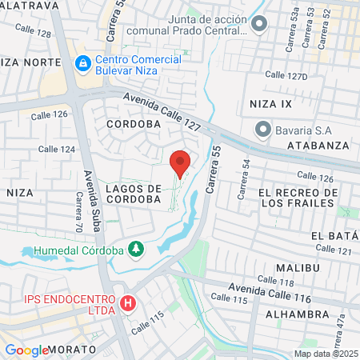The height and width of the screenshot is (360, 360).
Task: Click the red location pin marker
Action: [x=180, y=164]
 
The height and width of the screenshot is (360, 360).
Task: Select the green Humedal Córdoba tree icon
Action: [x=137, y=250]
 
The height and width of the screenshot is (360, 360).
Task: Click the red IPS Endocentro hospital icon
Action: [x=127, y=304]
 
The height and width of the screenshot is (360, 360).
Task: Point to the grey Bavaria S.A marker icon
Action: [x=262, y=129]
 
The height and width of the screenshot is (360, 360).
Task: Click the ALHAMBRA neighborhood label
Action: [x=299, y=315]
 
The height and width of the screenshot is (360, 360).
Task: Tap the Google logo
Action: [x=26, y=350]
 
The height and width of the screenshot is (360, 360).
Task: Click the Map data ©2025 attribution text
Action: [x=326, y=354]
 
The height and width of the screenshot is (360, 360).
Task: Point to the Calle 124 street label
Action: [x=57, y=149]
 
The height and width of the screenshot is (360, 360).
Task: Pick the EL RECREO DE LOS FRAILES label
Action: [x=294, y=198]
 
